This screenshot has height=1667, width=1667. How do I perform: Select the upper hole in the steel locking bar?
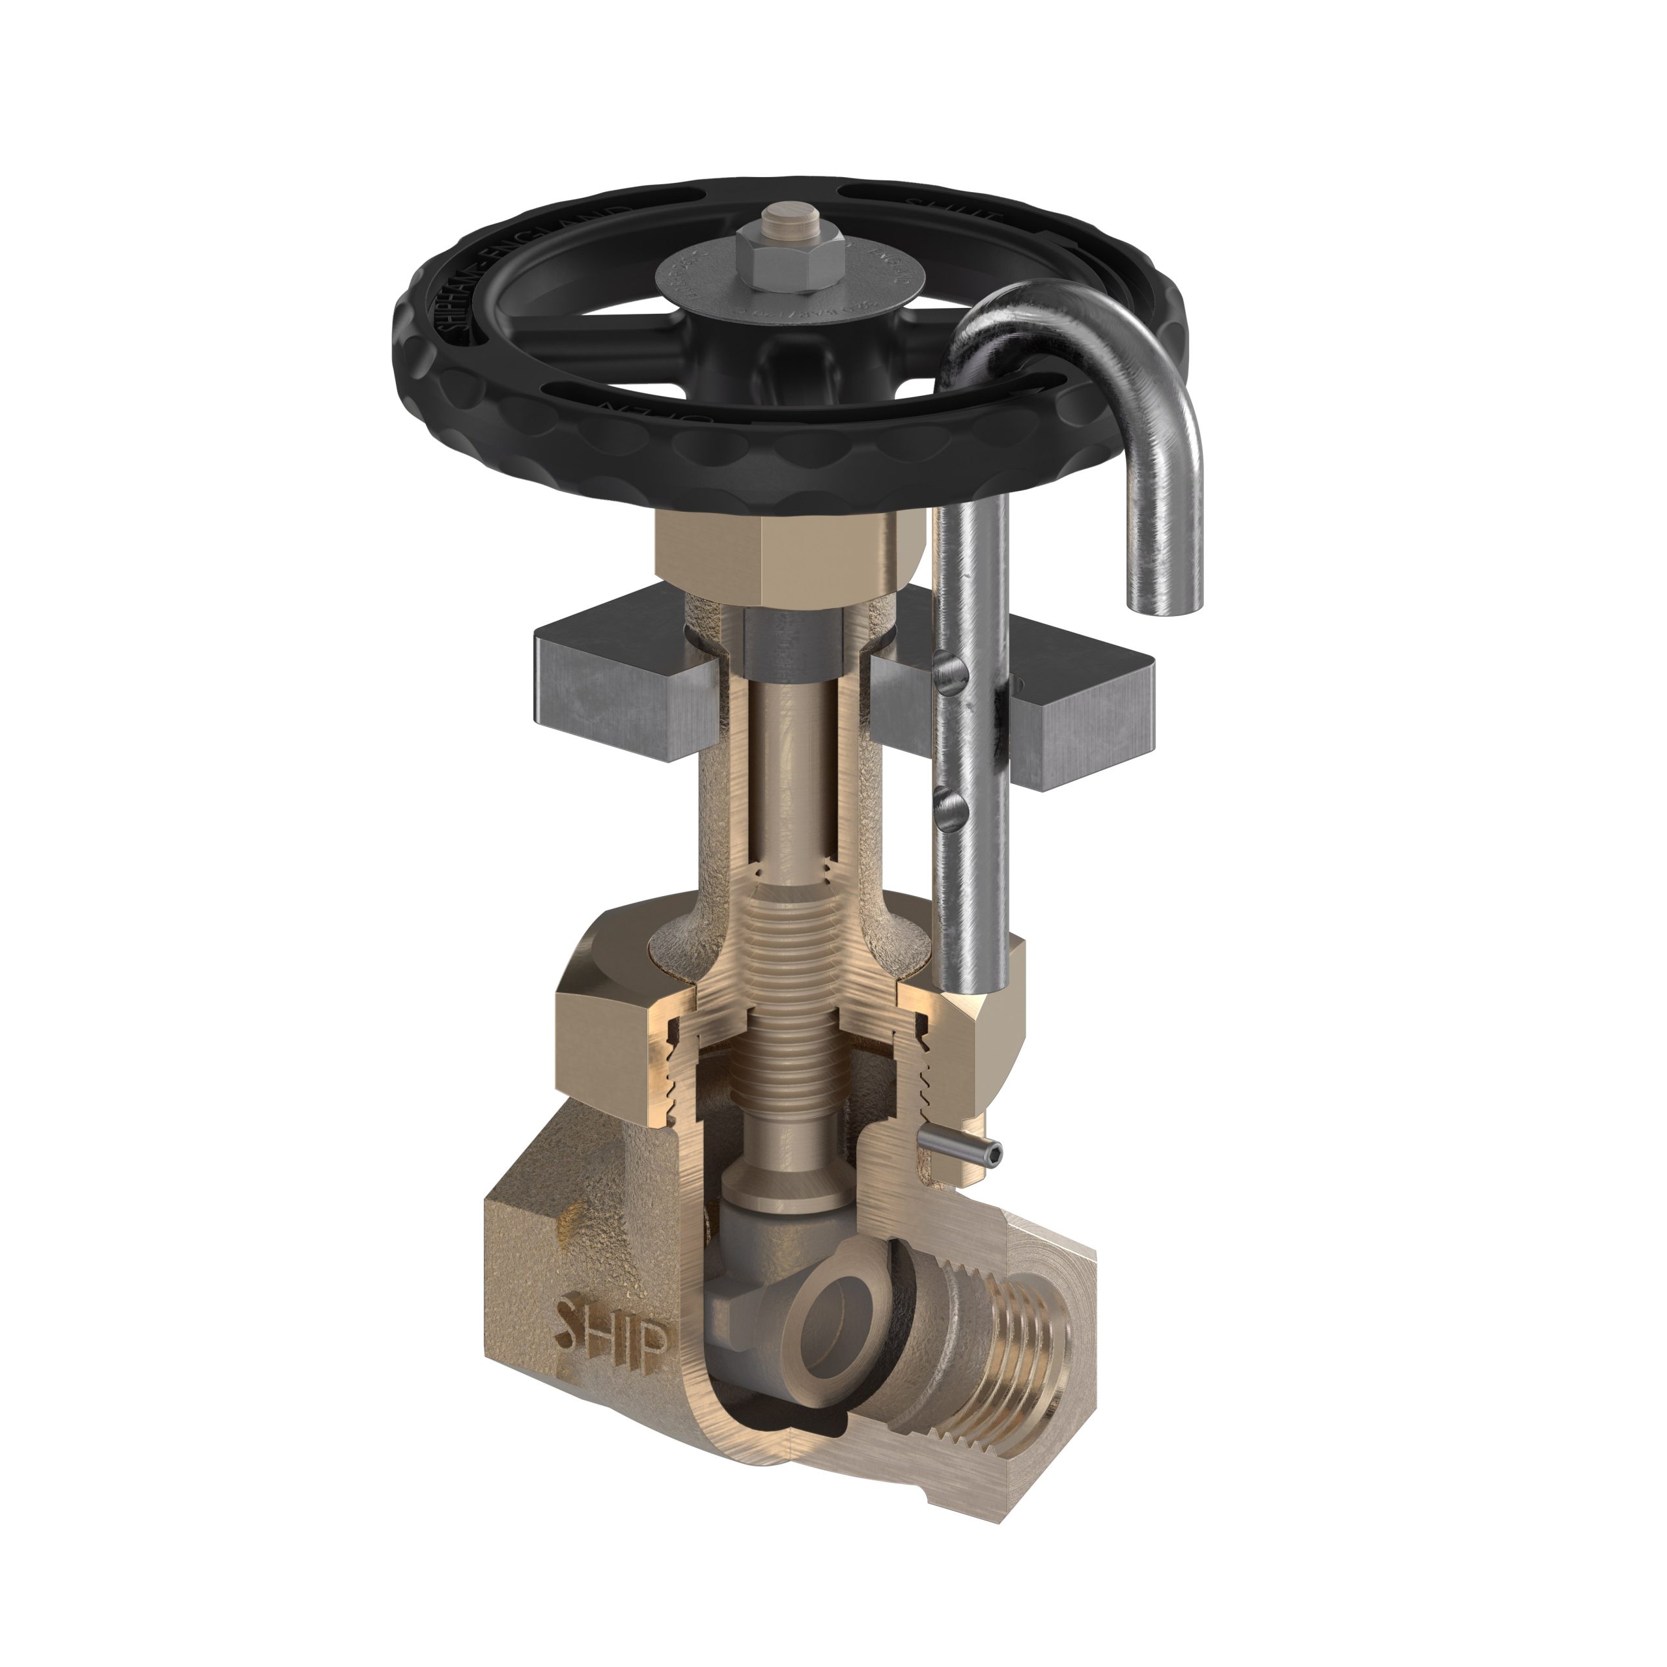pyautogui.click(x=947, y=671)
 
